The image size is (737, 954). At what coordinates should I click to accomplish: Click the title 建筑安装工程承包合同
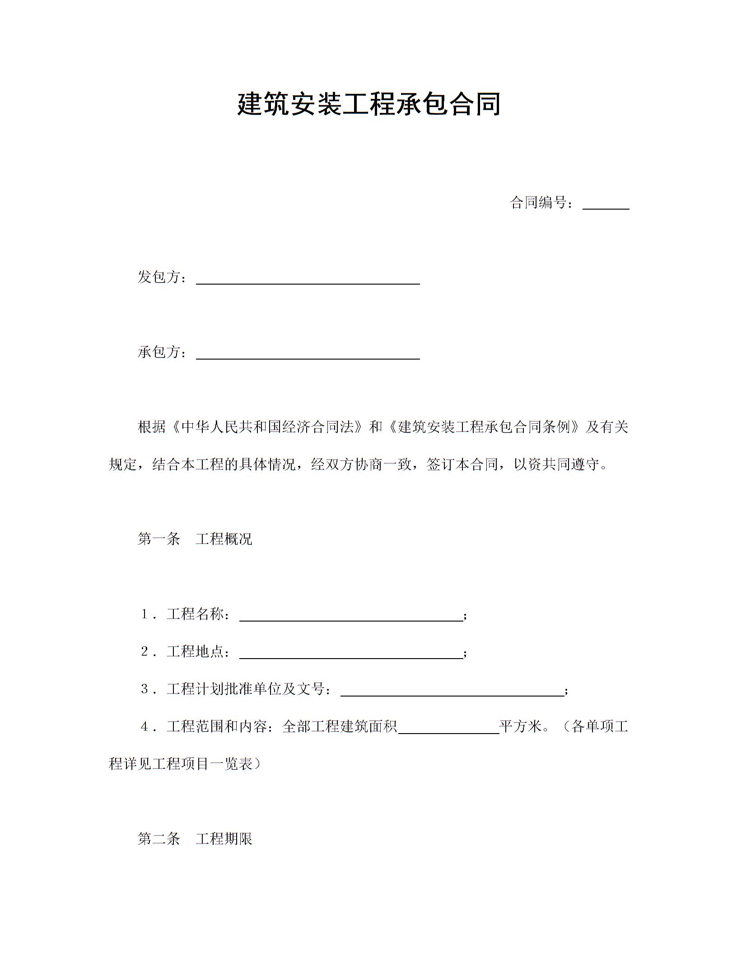tap(368, 104)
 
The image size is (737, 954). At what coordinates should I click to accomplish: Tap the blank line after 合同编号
tap(606, 206)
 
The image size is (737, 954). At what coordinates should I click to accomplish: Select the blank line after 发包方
tap(308, 280)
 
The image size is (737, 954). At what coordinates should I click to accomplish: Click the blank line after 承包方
tap(308, 355)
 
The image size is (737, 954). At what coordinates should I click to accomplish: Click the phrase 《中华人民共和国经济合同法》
tap(267, 427)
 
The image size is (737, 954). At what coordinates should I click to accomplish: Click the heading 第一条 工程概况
tap(195, 539)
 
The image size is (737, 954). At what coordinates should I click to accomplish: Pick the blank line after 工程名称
tap(351, 617)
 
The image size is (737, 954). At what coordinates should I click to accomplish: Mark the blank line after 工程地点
tap(351, 655)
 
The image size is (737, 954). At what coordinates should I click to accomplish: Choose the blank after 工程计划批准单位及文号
tap(452, 692)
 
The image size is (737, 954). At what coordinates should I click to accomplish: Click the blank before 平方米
tap(448, 730)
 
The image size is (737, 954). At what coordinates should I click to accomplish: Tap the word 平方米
tap(520, 727)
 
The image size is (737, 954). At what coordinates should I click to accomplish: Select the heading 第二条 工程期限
tap(195, 839)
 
